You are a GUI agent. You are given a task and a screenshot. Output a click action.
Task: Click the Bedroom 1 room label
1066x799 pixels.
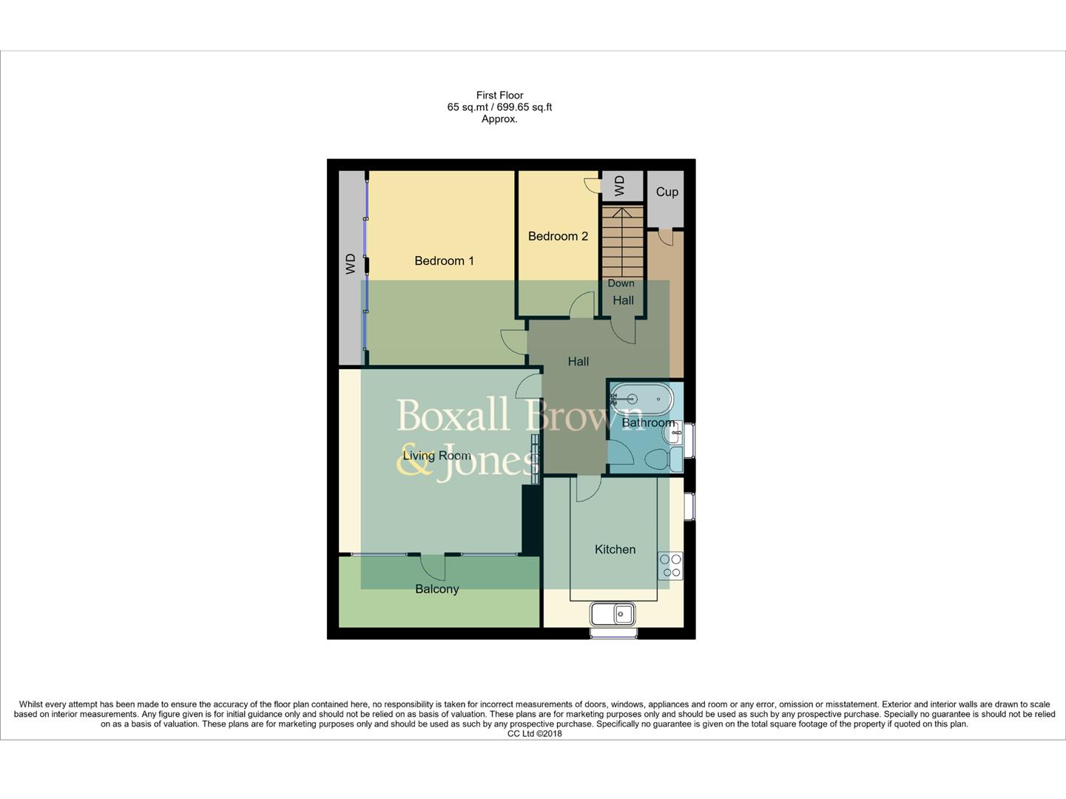coord(444,260)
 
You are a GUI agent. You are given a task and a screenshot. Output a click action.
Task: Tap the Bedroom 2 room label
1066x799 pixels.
coord(558,236)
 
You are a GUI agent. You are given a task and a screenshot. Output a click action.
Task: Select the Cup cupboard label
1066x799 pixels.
coord(667,192)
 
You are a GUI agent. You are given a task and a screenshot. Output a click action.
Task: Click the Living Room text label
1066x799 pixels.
coord(436,456)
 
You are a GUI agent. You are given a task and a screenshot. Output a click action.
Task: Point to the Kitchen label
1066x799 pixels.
coord(615,549)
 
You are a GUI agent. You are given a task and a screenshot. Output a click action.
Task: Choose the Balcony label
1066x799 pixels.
coord(436,589)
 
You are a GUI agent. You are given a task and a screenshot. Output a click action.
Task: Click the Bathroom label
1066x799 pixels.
coord(648,423)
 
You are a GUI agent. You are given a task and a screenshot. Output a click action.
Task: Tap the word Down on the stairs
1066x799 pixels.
coord(621,283)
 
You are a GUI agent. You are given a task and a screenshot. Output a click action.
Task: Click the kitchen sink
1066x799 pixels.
coord(613,613)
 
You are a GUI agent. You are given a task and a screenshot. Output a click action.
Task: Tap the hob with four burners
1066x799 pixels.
coord(671,566)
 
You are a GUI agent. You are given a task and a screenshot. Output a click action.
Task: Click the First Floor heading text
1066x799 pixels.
coord(499,95)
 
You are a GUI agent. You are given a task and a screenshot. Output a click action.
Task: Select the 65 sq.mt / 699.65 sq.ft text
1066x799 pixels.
coord(499,107)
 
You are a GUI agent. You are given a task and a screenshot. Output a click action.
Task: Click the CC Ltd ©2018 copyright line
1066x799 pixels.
coord(534,734)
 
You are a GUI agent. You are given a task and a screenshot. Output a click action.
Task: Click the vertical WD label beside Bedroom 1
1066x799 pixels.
coord(351,264)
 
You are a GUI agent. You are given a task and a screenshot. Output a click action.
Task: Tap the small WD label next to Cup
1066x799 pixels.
coord(620,186)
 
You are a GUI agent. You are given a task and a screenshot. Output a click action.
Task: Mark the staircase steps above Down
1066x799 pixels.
coord(622,240)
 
